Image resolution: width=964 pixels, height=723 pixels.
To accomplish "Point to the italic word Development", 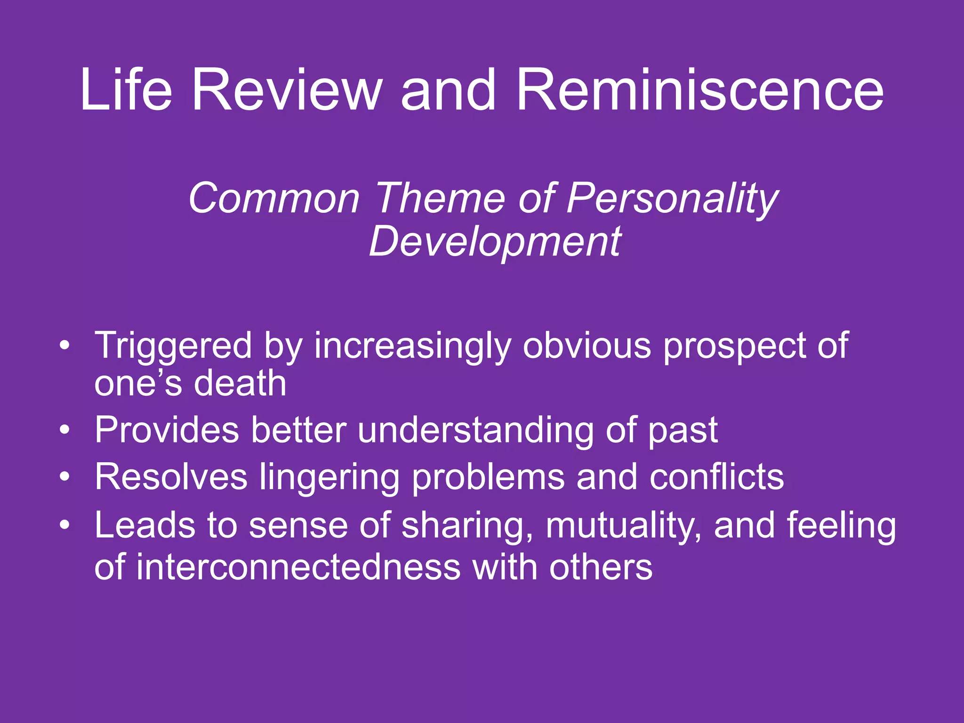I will coord(495,242).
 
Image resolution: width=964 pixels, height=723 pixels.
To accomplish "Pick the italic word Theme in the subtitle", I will coord(442,199).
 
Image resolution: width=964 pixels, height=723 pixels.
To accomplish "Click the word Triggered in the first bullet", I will coord(173,346).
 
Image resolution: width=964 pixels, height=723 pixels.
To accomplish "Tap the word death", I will coord(240,383).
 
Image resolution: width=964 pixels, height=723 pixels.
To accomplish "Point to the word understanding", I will coord(475,430).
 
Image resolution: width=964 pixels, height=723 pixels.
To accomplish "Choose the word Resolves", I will coord(171,477).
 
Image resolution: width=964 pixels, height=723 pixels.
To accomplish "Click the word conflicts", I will coord(716,477).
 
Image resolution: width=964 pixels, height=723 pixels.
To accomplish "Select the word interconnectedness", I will coord(298,567).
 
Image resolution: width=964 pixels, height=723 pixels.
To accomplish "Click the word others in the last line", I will coord(601,567).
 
